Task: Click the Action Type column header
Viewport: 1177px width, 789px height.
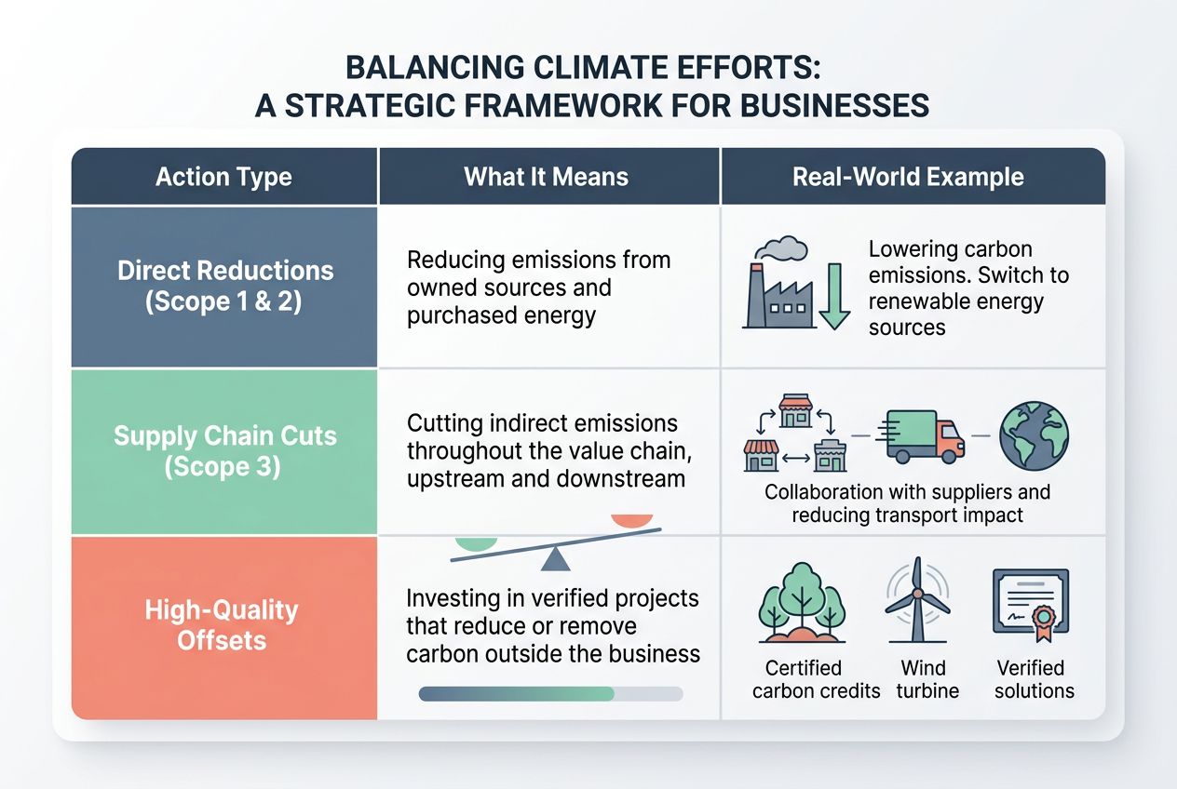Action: (223, 177)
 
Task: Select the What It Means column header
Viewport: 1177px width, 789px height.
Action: (547, 177)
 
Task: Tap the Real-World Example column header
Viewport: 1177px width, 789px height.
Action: (907, 177)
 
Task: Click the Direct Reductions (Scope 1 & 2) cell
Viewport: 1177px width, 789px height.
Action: (224, 286)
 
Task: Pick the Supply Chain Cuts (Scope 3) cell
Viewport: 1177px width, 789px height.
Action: (224, 450)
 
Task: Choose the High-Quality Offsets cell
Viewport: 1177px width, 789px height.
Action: (224, 625)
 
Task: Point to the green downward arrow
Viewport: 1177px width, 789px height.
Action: (835, 295)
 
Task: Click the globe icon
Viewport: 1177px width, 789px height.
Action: (1033, 435)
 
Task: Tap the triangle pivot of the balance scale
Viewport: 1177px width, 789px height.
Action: (556, 558)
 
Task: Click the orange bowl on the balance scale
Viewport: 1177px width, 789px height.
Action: (631, 520)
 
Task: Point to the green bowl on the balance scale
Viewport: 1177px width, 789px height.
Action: (477, 541)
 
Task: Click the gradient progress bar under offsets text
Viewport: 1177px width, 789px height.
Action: (551, 694)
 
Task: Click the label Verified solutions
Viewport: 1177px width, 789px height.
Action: (1034, 679)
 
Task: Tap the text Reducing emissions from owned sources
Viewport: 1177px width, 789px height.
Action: (538, 273)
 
